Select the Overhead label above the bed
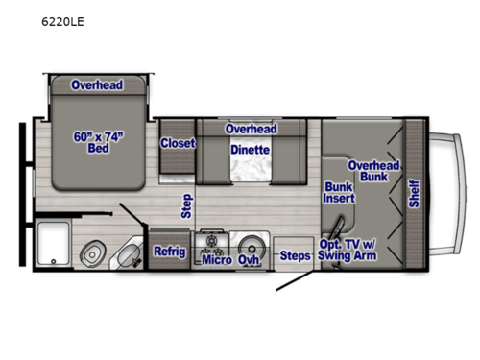click(96, 84)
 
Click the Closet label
click(178, 143)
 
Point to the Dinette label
click(250, 150)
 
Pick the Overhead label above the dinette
click(251, 129)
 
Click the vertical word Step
click(186, 206)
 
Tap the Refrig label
click(169, 252)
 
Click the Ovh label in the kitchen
click(250, 259)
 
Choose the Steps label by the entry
click(295, 255)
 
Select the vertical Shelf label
click(415, 192)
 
